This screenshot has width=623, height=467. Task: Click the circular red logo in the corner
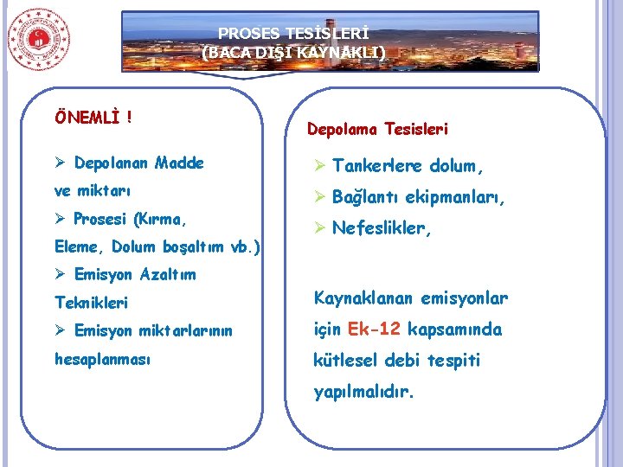point(39,39)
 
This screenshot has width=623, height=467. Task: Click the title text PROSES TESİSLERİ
point(293,34)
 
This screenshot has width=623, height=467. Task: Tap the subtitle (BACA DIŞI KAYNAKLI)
point(293,52)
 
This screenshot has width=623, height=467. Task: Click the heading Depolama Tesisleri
point(377,130)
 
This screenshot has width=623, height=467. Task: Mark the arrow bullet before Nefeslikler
point(319,229)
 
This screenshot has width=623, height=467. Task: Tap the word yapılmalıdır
point(363,392)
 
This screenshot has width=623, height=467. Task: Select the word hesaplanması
point(103,358)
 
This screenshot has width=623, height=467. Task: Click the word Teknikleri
point(91,303)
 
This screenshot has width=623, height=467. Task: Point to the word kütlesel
point(349,361)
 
